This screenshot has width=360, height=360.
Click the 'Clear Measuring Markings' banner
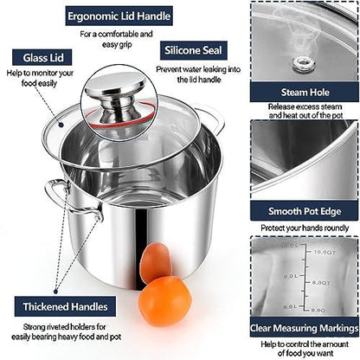click(304, 328)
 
